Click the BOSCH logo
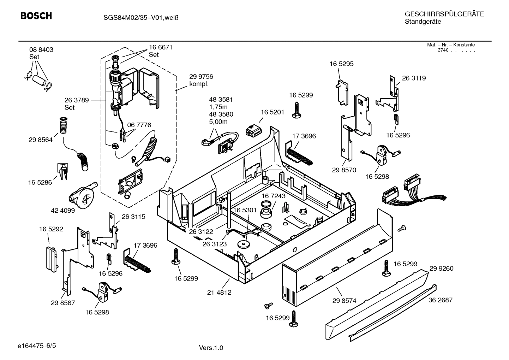click(x=36, y=16)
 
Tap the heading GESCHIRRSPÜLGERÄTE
click(x=444, y=14)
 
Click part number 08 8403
click(x=41, y=50)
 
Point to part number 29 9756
click(x=201, y=77)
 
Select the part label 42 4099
click(x=63, y=210)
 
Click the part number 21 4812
click(x=219, y=293)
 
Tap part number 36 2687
click(x=440, y=300)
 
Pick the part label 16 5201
click(x=273, y=112)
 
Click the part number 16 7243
click(x=274, y=196)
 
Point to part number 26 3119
click(x=414, y=78)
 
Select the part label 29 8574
click(x=344, y=301)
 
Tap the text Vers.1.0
click(x=211, y=348)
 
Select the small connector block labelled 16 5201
click(x=254, y=130)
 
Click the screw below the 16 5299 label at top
click(x=297, y=110)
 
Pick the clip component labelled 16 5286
click(x=62, y=171)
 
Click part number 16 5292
click(x=51, y=229)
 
